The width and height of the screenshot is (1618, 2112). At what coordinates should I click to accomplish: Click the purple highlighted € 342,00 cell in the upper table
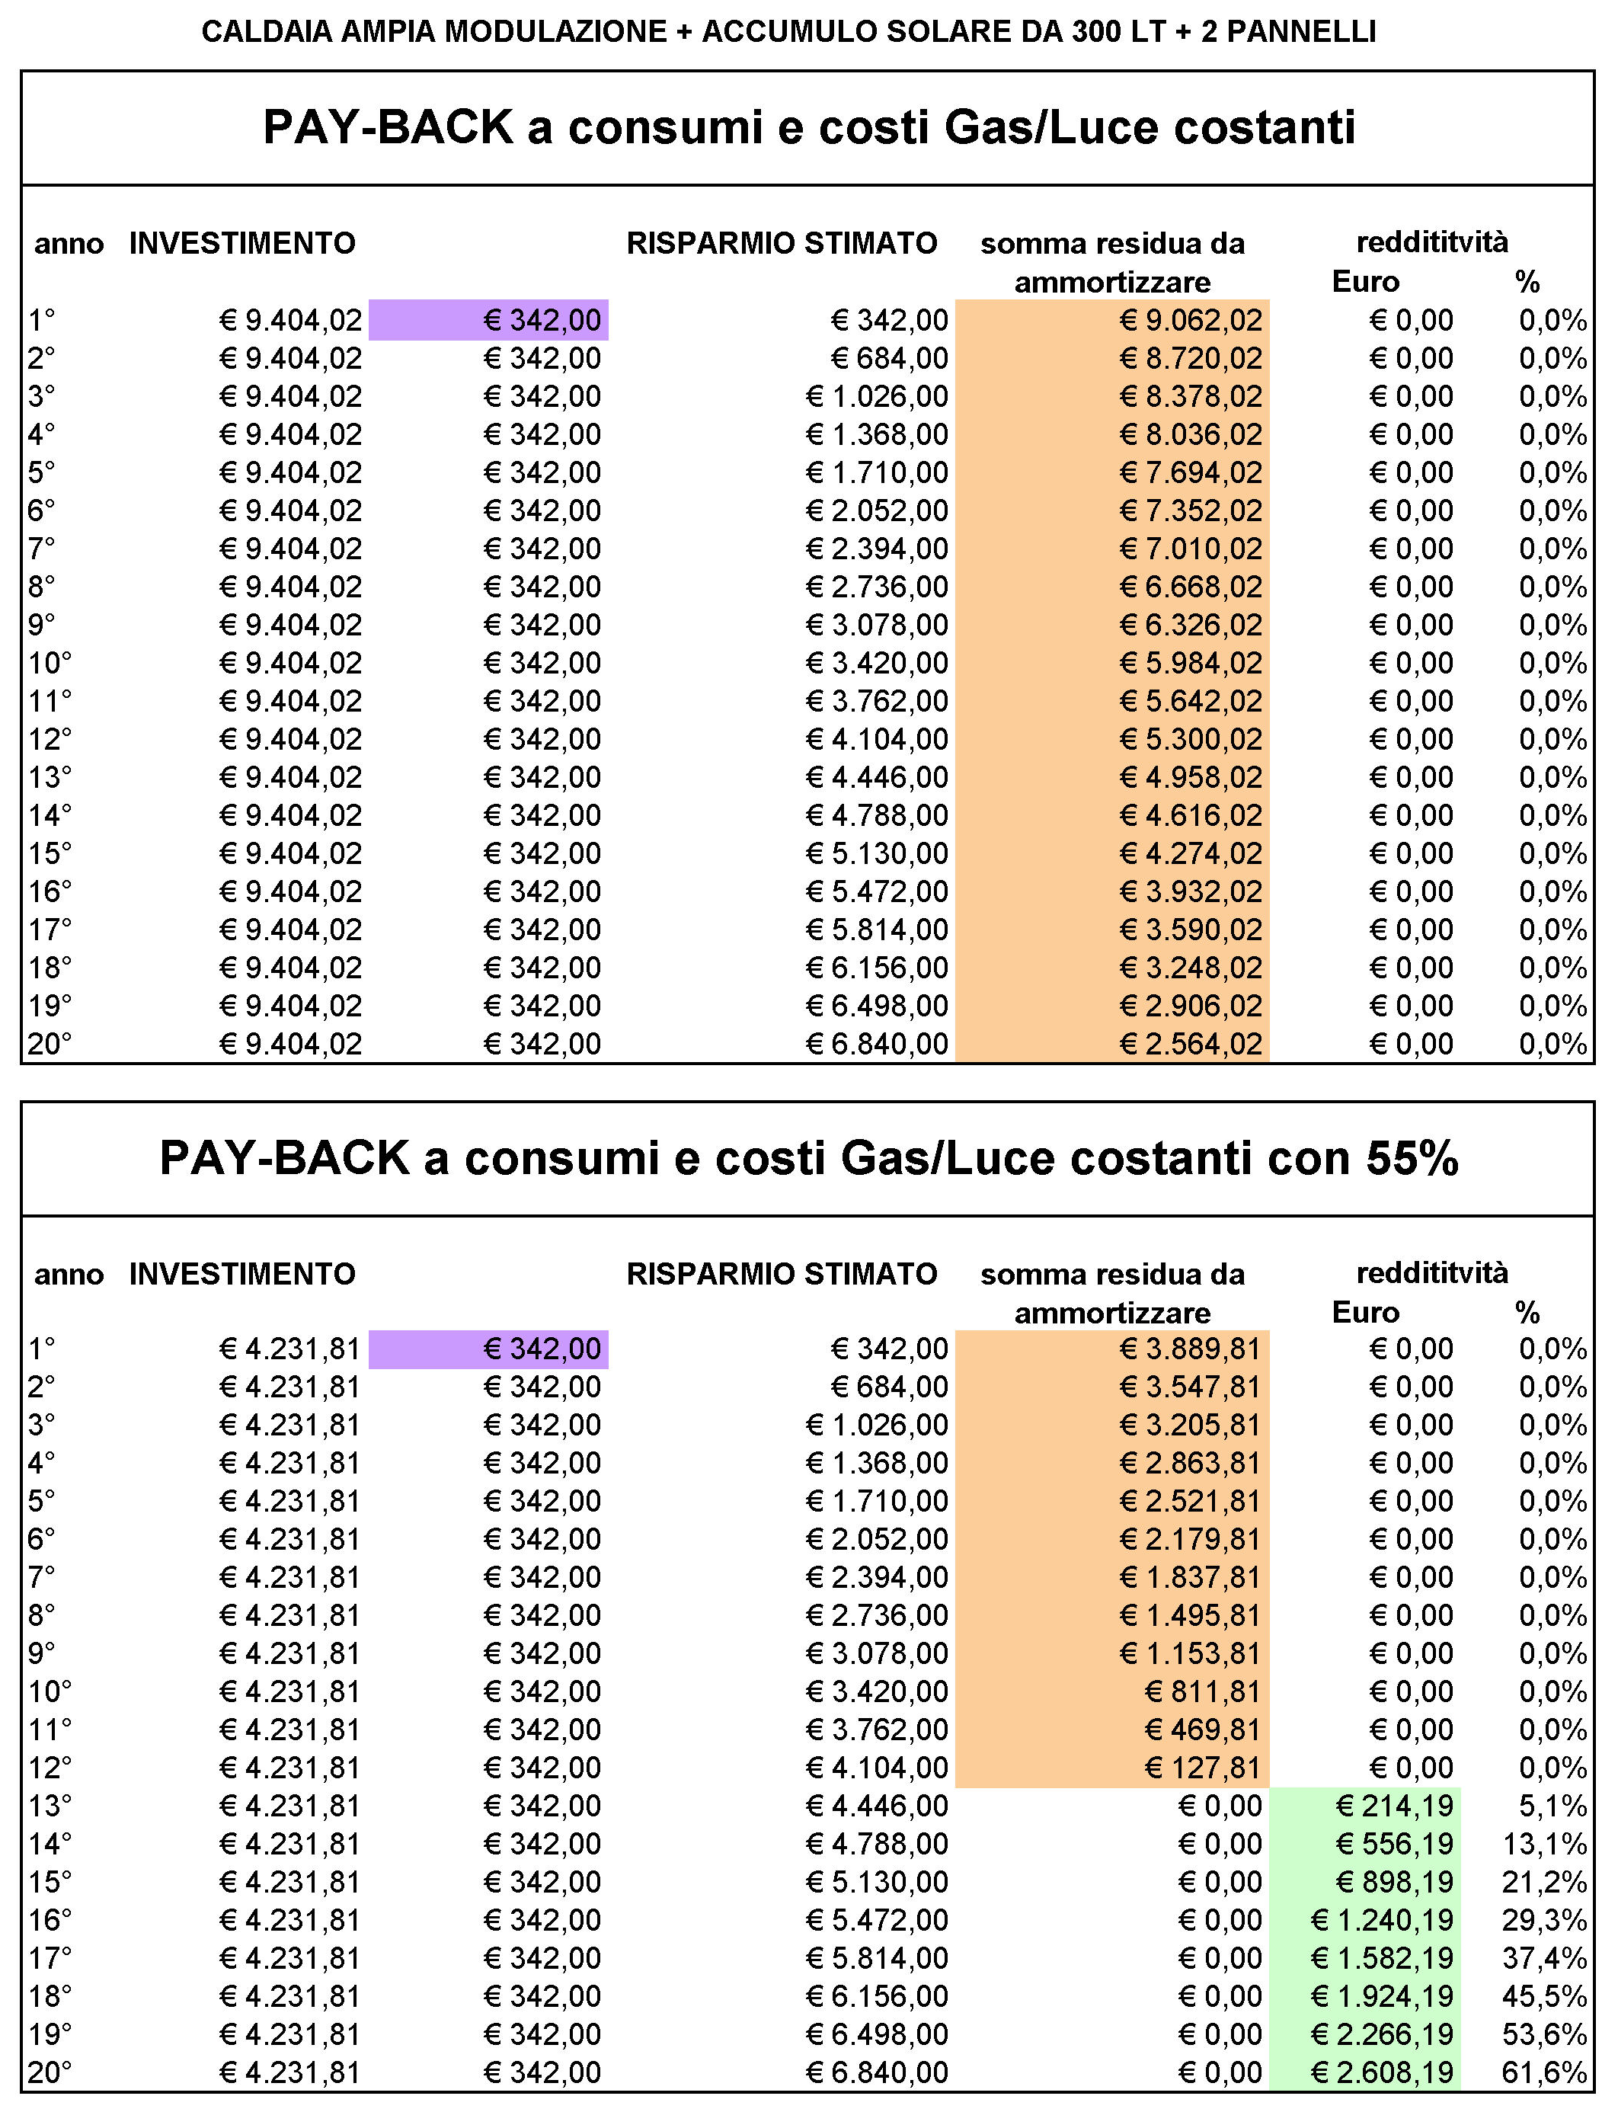488,320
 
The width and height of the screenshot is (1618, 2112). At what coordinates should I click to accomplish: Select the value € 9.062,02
1191,320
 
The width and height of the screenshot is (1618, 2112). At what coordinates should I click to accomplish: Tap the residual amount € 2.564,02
1191,1044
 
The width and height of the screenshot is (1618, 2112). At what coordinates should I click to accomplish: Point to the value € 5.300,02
1191,740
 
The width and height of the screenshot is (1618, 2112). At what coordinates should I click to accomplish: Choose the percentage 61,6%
1545,2072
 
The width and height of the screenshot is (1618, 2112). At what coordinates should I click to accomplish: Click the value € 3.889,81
1191,1349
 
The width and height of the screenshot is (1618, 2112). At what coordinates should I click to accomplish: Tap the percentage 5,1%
1553,1806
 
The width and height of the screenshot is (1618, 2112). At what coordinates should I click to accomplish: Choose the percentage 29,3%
1545,1920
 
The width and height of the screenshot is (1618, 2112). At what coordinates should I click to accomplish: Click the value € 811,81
1203,1692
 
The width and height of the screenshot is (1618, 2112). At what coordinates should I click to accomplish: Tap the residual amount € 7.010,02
1191,549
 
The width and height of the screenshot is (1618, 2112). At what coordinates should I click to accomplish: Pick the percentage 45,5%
1545,1996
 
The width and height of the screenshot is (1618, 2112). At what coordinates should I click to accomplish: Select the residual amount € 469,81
1203,1730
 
